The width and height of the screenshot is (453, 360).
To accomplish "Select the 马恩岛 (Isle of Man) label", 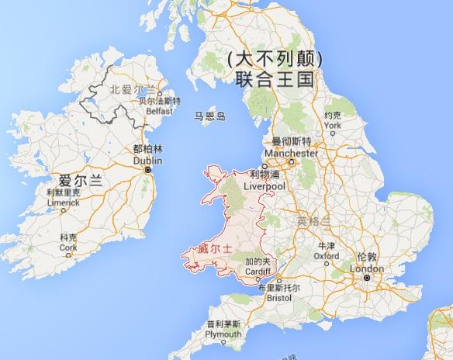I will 209,116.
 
